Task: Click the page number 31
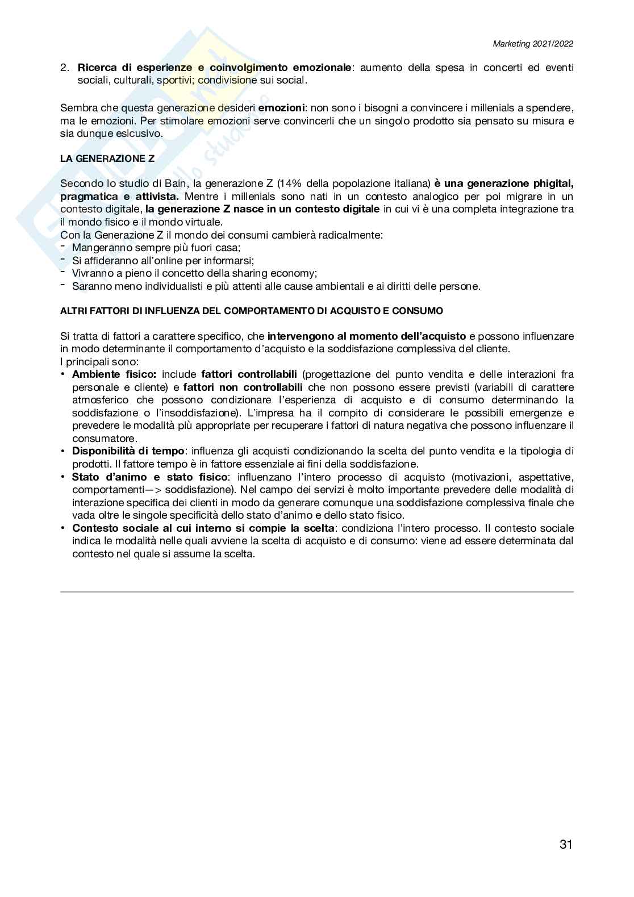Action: click(566, 844)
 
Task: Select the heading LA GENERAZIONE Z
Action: click(107, 159)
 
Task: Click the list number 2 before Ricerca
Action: click(64, 68)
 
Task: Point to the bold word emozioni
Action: click(281, 107)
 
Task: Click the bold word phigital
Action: click(545, 183)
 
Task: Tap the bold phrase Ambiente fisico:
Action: click(114, 374)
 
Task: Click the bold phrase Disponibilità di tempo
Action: click(128, 451)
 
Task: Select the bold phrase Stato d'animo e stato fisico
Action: click(150, 477)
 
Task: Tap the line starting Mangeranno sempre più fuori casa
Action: click(156, 248)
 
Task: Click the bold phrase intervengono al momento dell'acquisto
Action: click(366, 336)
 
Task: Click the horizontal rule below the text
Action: click(317, 592)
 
